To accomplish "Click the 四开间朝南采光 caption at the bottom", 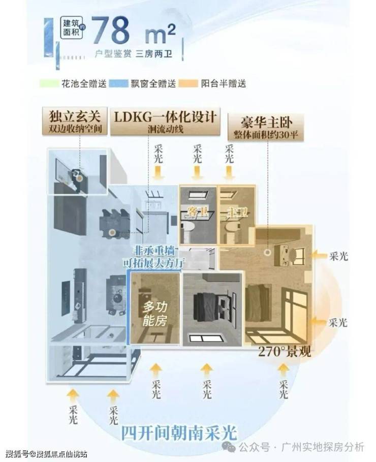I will point(179,433).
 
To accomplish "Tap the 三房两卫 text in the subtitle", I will point(155,54).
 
